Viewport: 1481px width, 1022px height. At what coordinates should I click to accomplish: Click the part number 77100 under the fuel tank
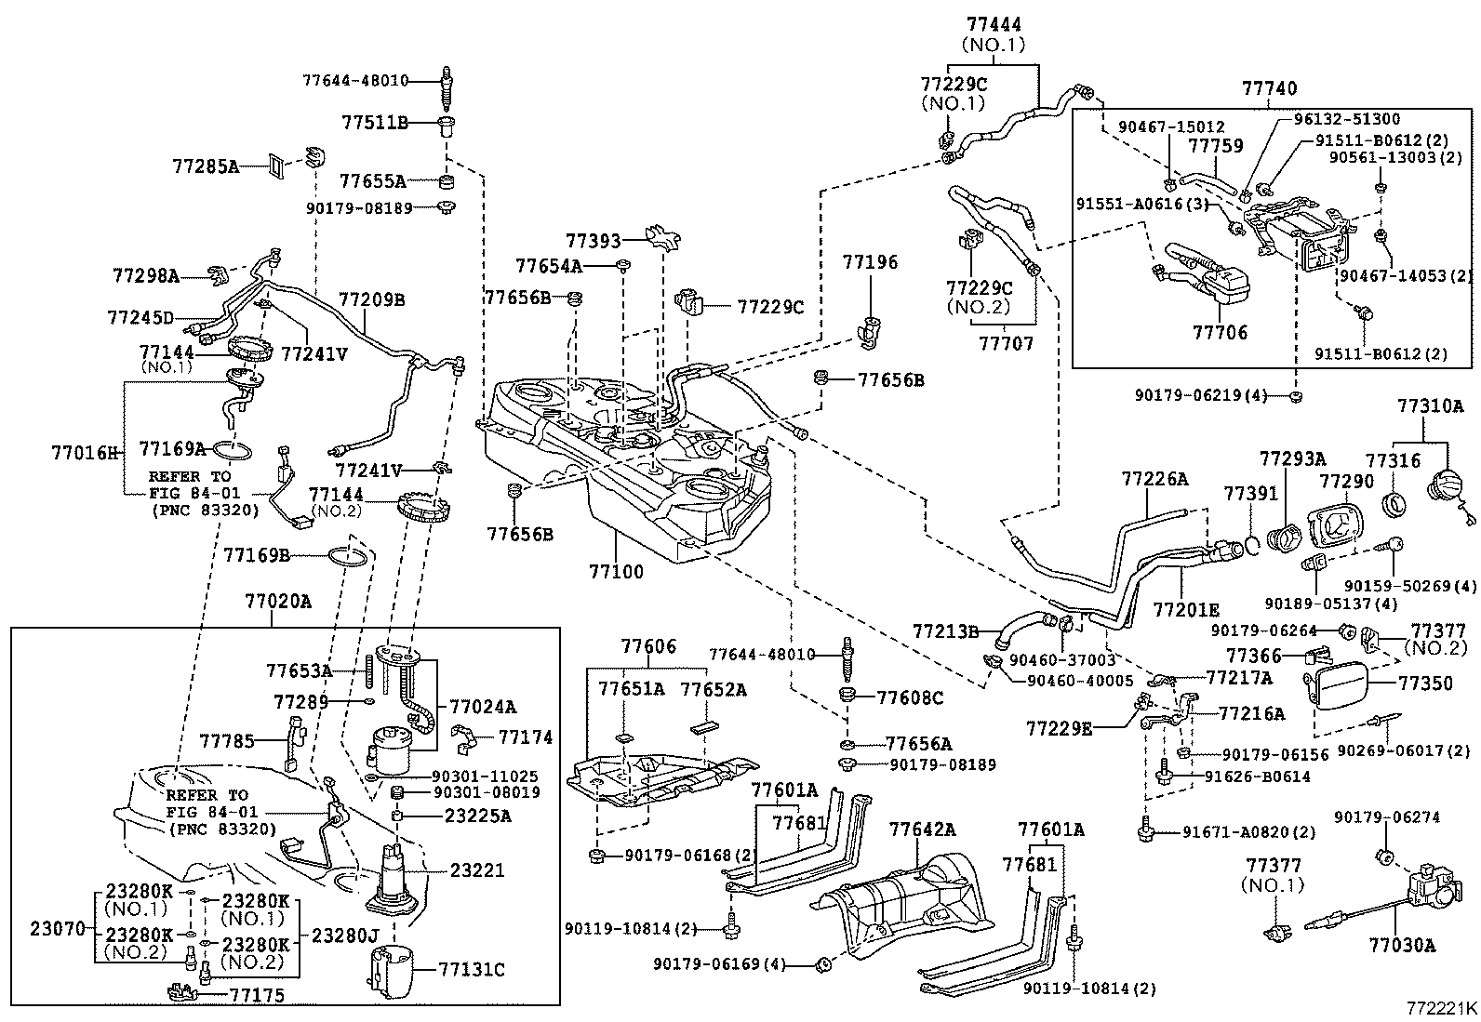616,571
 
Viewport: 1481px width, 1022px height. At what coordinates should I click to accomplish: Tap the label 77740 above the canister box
1270,88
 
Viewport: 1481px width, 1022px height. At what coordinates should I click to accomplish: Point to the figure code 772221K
1442,1009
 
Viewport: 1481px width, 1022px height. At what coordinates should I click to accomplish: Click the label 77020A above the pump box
277,602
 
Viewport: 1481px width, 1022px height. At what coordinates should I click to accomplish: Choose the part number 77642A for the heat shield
922,829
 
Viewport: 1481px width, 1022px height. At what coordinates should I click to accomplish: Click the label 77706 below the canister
1220,332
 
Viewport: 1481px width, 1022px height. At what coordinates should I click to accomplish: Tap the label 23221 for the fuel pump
477,870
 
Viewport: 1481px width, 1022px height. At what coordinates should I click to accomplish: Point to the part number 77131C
472,970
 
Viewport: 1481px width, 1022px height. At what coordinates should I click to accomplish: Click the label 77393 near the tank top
594,241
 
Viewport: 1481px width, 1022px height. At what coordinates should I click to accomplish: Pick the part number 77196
870,262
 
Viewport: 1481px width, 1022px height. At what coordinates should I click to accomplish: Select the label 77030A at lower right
1402,946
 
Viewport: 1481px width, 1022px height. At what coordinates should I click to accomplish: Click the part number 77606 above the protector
648,646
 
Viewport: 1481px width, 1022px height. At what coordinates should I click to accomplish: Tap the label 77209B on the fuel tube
371,300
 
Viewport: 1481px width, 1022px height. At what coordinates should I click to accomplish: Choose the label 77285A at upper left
206,166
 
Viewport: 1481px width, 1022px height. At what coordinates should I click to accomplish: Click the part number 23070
58,929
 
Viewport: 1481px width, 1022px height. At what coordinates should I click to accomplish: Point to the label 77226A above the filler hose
1154,479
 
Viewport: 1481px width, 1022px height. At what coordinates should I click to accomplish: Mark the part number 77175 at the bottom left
257,995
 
